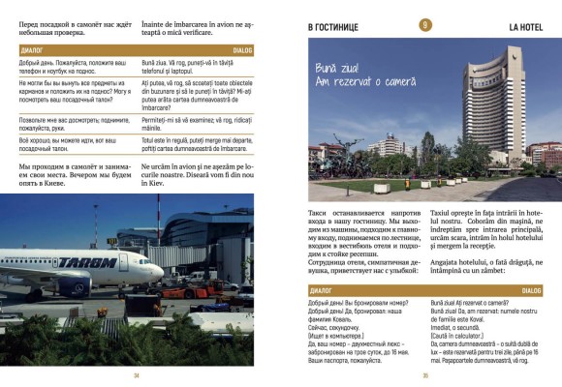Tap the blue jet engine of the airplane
(76, 286)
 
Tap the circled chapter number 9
(424, 25)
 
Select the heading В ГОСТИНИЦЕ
(333, 26)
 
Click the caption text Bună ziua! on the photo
(337, 68)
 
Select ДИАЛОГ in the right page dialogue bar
(321, 289)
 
